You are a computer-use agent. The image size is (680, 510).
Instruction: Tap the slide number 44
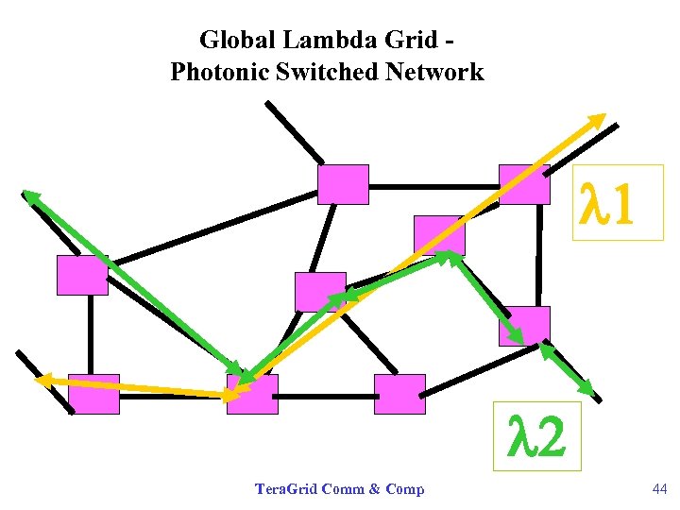point(659,488)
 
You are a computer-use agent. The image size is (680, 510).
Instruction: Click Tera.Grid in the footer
point(286,488)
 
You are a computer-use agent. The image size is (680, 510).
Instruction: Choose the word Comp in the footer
point(405,488)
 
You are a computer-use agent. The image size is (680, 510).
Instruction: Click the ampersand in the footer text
point(375,488)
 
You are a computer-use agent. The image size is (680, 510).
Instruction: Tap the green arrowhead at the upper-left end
point(30,196)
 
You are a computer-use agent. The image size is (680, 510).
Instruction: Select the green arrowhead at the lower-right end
point(586,388)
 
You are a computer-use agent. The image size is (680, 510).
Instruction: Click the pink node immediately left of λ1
point(524,184)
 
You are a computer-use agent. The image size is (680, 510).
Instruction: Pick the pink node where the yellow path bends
point(252,394)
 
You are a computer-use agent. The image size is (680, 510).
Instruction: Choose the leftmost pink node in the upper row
point(82,275)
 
